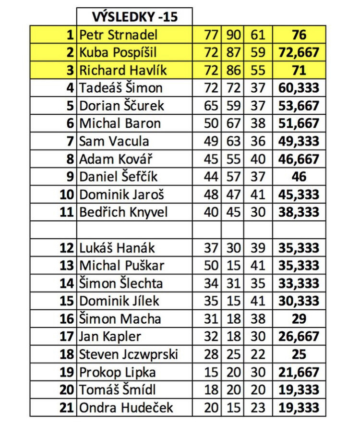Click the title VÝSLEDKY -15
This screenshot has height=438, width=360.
134,17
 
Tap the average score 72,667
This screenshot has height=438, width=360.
299,52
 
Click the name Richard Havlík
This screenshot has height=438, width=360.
123,70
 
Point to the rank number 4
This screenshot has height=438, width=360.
71,88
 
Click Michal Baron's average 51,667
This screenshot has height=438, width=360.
299,123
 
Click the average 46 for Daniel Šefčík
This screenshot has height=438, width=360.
299,177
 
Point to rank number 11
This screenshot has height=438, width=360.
67,212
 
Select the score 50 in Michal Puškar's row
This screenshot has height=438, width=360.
211,266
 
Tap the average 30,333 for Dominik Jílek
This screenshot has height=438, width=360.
299,301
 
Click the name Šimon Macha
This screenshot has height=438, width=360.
120,319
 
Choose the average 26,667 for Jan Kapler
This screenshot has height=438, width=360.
299,337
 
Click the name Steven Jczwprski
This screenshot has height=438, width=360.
128,354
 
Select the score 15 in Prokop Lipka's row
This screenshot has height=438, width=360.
211,372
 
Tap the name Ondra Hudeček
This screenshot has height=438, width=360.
126,408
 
